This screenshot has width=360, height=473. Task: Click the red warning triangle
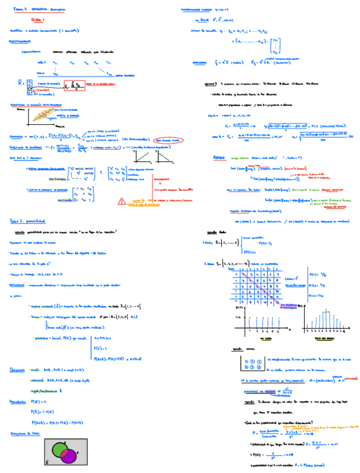[121, 201]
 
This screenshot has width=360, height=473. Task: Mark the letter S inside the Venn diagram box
[47, 462]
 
